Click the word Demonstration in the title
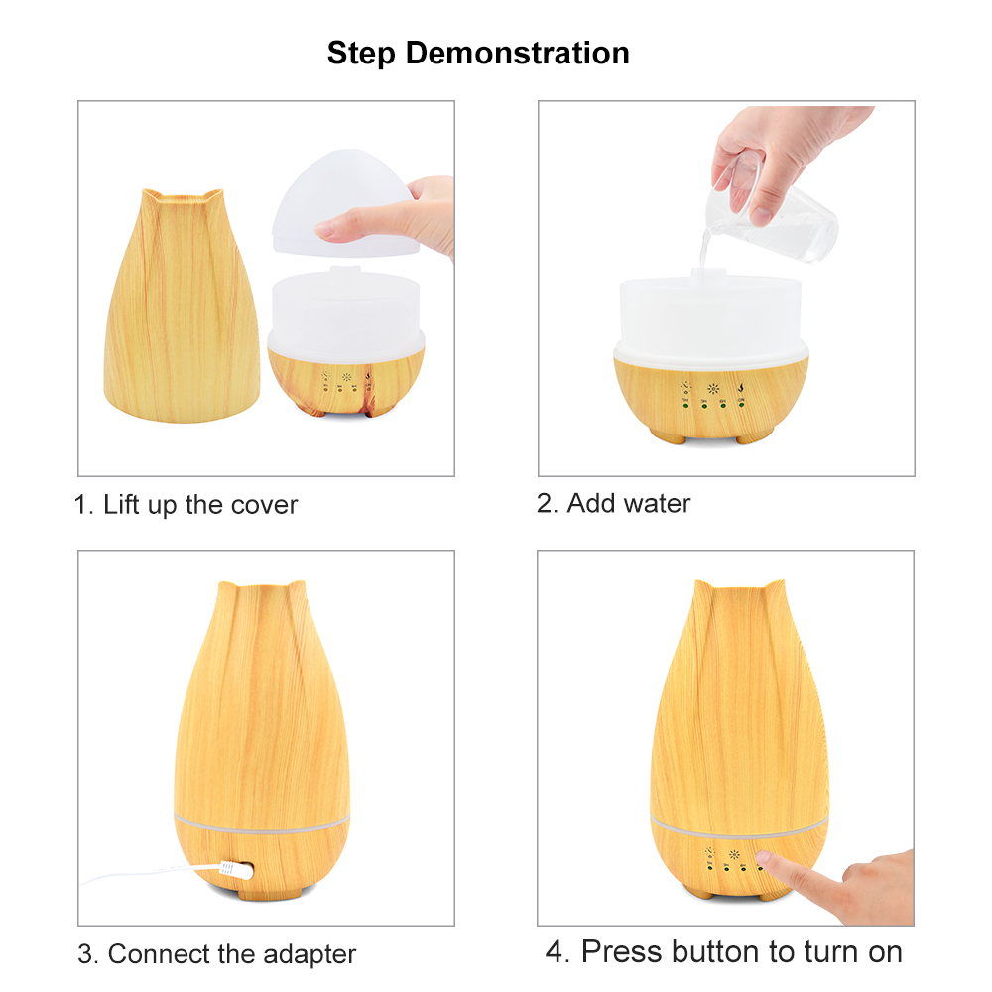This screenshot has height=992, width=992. tap(517, 54)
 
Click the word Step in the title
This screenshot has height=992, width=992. tap(361, 54)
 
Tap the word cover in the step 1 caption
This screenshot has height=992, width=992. tap(264, 505)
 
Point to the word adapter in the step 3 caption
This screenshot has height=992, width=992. tap(310, 954)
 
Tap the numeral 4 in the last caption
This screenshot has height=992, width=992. tap(555, 952)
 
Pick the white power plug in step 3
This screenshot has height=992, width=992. tap(236, 871)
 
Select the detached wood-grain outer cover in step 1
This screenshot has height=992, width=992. tap(183, 305)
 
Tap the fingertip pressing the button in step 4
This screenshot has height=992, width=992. tap(766, 858)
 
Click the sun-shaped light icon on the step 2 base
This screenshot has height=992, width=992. tap(713, 388)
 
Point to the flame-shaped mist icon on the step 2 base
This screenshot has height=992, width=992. tap(741, 385)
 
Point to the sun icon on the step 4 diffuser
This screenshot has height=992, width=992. tap(734, 854)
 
